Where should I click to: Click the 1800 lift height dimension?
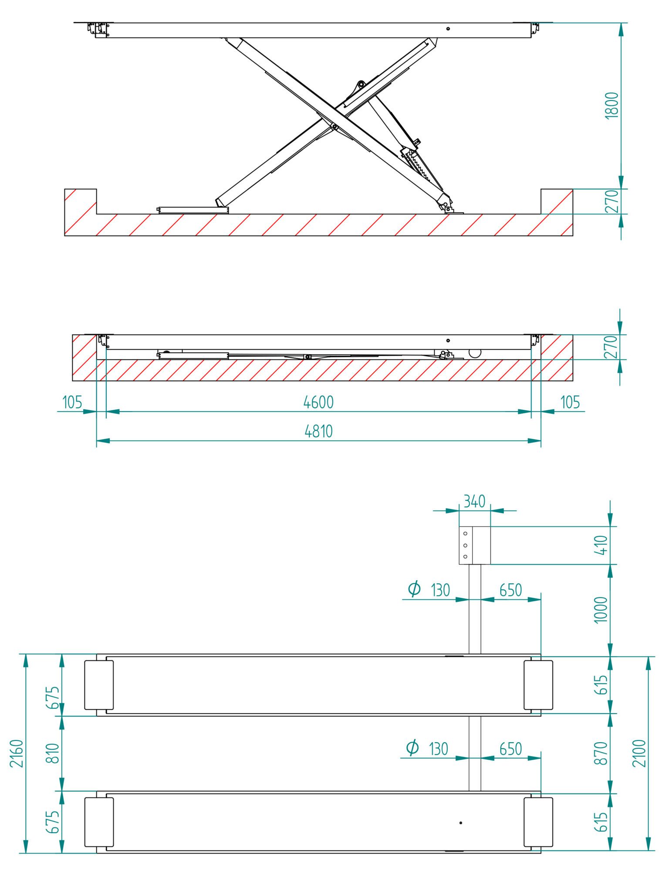point(612,105)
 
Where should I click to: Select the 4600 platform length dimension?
point(318,402)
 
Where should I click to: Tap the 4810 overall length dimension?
point(318,431)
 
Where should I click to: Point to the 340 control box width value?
point(474,502)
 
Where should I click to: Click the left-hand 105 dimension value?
point(72,402)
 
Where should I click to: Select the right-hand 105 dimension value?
point(570,402)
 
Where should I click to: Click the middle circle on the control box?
point(465,545)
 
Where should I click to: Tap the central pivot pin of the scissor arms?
point(334,127)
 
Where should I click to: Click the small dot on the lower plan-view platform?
point(461,823)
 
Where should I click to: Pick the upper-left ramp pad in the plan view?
point(99,685)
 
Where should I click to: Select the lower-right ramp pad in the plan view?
point(538,822)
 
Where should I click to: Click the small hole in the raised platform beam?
point(448,29)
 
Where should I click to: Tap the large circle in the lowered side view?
point(475,352)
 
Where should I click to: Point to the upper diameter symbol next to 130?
point(414,588)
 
